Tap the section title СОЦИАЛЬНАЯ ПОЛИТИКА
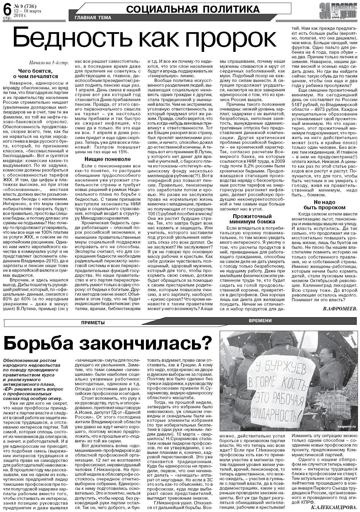[x=193, y=9]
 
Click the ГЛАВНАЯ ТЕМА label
[x=93, y=18]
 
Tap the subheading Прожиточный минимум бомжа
[x=252, y=219]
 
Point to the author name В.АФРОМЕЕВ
[x=340, y=309]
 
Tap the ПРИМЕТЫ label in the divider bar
[x=93, y=323]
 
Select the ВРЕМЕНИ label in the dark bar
[x=260, y=321]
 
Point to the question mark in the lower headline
[x=208, y=343]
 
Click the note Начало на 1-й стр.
[x=49, y=63]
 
